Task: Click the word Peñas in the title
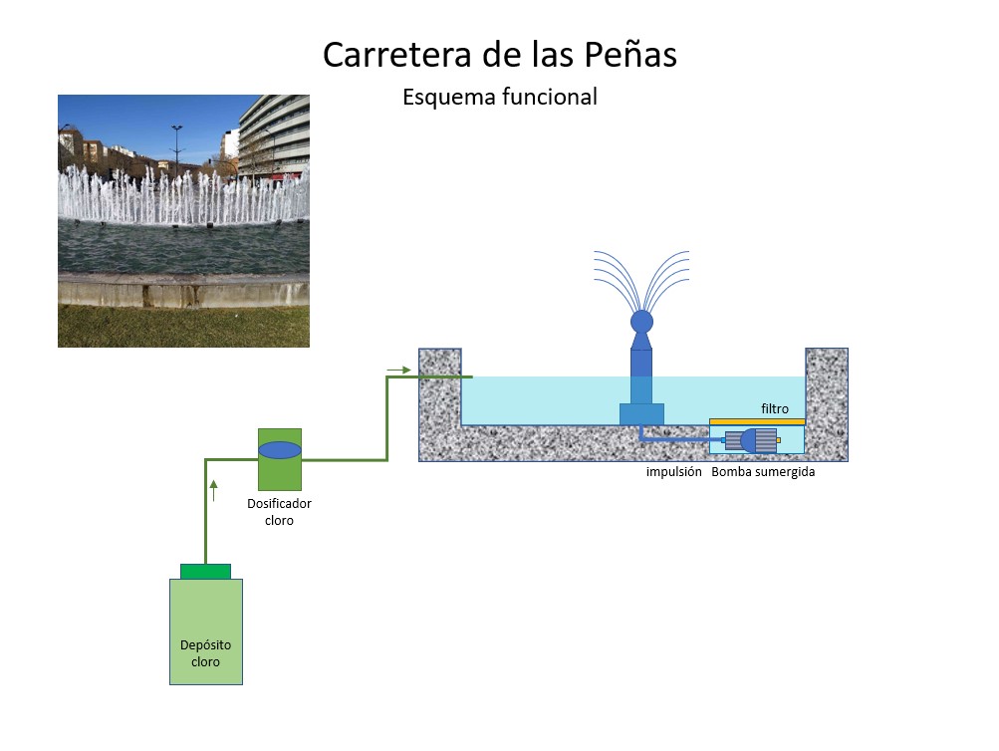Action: coord(630,54)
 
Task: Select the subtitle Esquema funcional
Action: coord(500,97)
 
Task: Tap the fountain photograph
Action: coord(183,221)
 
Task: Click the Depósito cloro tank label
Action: coord(205,653)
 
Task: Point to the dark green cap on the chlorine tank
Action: coord(205,572)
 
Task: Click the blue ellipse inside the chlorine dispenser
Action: coord(280,450)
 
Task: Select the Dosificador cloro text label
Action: coord(279,512)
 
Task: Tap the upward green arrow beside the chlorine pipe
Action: coord(213,490)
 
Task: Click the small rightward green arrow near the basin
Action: coord(398,371)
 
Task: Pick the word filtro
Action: coord(775,408)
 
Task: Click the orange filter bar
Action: coord(757,421)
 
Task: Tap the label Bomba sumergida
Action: coord(763,472)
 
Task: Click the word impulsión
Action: coord(673,472)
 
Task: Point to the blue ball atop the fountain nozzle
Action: coord(641,322)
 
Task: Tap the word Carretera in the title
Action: coord(399,54)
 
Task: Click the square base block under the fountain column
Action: coord(641,414)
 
